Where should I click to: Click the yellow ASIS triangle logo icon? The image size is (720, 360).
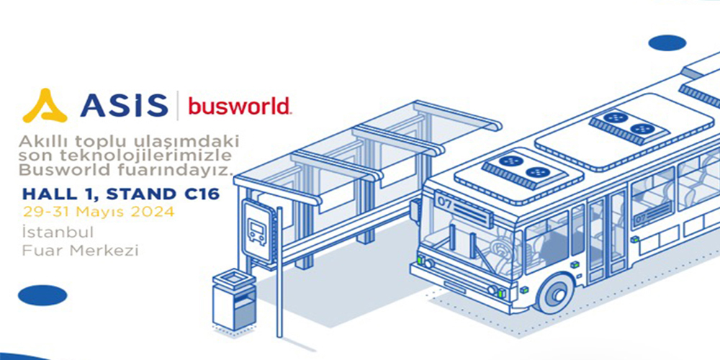45,106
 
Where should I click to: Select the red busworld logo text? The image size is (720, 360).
240,106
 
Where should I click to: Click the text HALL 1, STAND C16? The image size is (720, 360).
121,194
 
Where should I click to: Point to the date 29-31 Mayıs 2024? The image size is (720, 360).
99,212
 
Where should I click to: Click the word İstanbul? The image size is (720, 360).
58,232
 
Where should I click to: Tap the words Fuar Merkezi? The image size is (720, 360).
81,251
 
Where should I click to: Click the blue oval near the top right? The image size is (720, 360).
667,43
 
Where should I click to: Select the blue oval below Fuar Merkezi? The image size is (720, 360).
42,295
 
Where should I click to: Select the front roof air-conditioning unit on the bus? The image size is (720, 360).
519,170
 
